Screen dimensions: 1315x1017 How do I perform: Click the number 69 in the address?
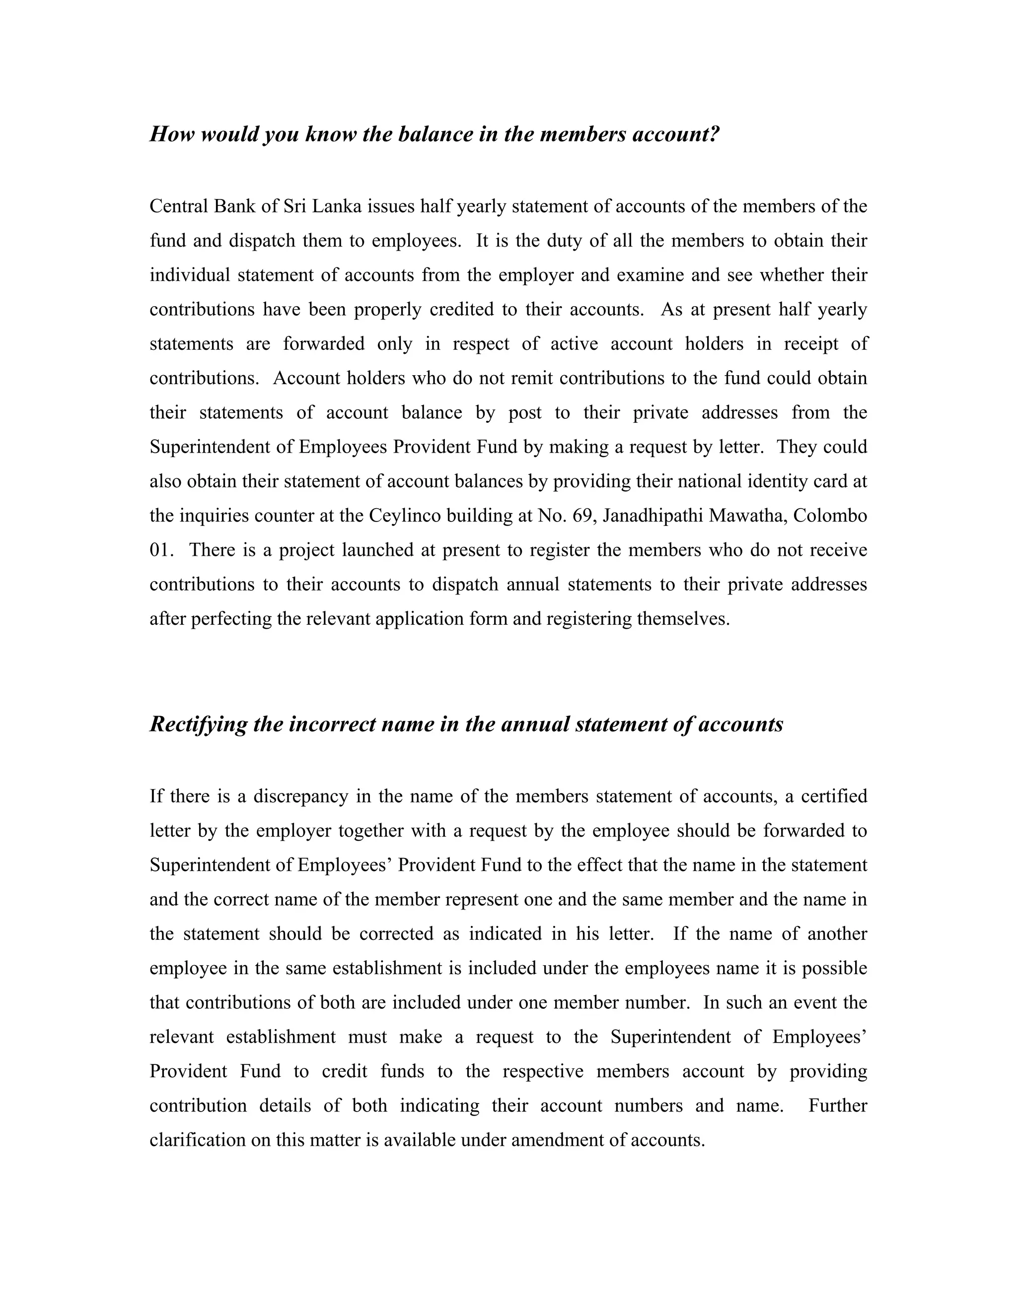583,516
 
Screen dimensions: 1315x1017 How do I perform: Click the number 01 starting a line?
161,550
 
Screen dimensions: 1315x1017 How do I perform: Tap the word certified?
834,796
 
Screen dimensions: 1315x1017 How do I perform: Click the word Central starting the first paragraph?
178,206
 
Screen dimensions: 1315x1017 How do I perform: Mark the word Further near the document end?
837,1106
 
